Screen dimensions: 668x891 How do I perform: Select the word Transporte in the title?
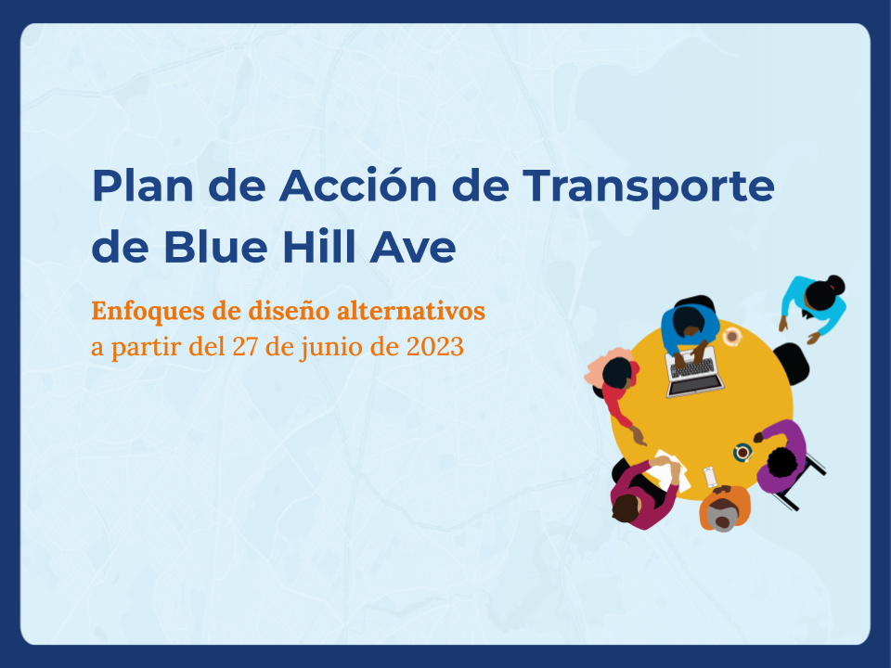click(648, 186)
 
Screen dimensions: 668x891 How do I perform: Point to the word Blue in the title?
click(210, 248)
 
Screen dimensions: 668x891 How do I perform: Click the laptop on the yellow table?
click(693, 372)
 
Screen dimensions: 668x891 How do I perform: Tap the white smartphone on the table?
click(710, 476)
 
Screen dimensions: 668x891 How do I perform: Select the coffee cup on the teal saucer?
click(742, 452)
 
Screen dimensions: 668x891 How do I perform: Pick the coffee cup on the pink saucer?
click(732, 336)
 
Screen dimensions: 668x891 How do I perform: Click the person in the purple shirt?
click(781, 456)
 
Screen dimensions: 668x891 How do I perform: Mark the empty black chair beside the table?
click(791, 363)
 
